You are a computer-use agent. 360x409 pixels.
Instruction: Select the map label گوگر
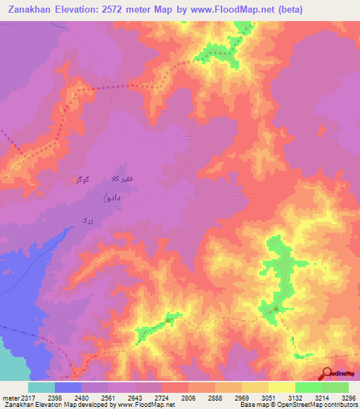coord(83,181)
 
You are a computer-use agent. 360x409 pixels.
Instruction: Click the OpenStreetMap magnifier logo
coord(326,374)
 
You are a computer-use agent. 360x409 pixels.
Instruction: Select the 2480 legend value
coord(82,398)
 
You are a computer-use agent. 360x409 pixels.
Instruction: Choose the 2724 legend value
coord(162,398)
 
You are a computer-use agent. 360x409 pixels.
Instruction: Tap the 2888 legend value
coord(215,398)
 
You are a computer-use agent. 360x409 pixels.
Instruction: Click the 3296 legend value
coord(348,398)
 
